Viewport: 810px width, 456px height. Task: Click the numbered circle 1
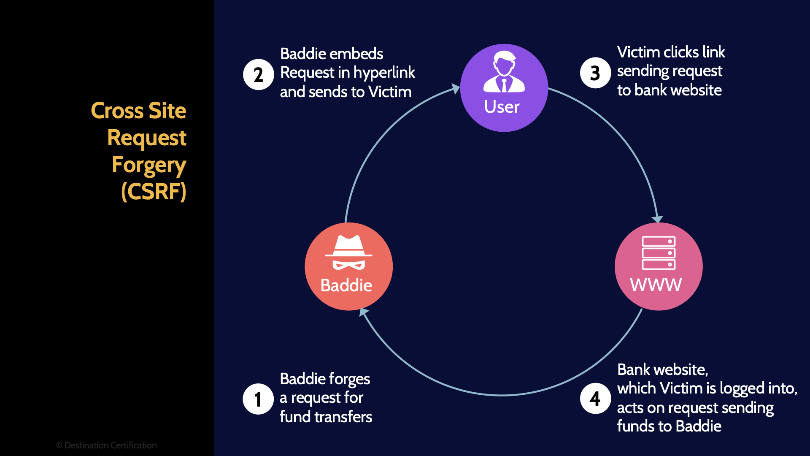coord(258,399)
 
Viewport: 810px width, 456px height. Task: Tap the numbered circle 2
coord(259,75)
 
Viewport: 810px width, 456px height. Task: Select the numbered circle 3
coord(595,73)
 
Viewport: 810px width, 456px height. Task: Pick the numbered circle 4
coord(595,398)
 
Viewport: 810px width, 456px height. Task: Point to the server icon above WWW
coord(659,252)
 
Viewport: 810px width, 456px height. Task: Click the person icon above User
coord(504,72)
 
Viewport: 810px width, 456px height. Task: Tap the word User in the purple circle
coord(502,107)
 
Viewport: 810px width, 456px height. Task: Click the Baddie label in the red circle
coord(346,285)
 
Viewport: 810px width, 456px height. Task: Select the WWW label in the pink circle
coord(656,285)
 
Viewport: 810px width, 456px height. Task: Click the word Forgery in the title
coord(148,165)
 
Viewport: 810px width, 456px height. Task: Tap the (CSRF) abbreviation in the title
coord(154,192)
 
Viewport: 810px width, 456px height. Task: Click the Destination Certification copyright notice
coord(106,445)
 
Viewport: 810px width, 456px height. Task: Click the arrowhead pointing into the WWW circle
coord(657,219)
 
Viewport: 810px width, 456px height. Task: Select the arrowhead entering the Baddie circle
coord(363,312)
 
